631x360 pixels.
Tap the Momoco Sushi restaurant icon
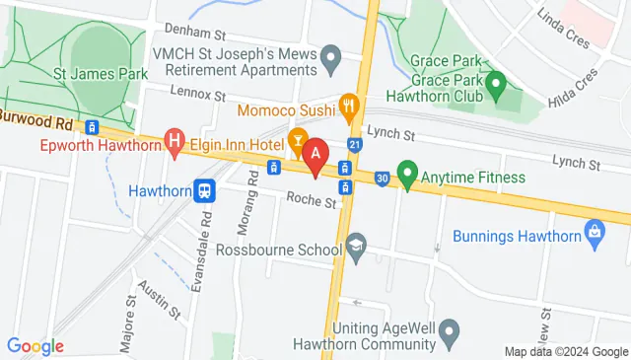click(347, 104)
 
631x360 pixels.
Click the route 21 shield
click(354, 144)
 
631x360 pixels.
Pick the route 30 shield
click(382, 178)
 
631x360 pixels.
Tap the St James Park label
click(101, 74)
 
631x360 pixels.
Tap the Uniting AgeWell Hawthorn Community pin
click(450, 329)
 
